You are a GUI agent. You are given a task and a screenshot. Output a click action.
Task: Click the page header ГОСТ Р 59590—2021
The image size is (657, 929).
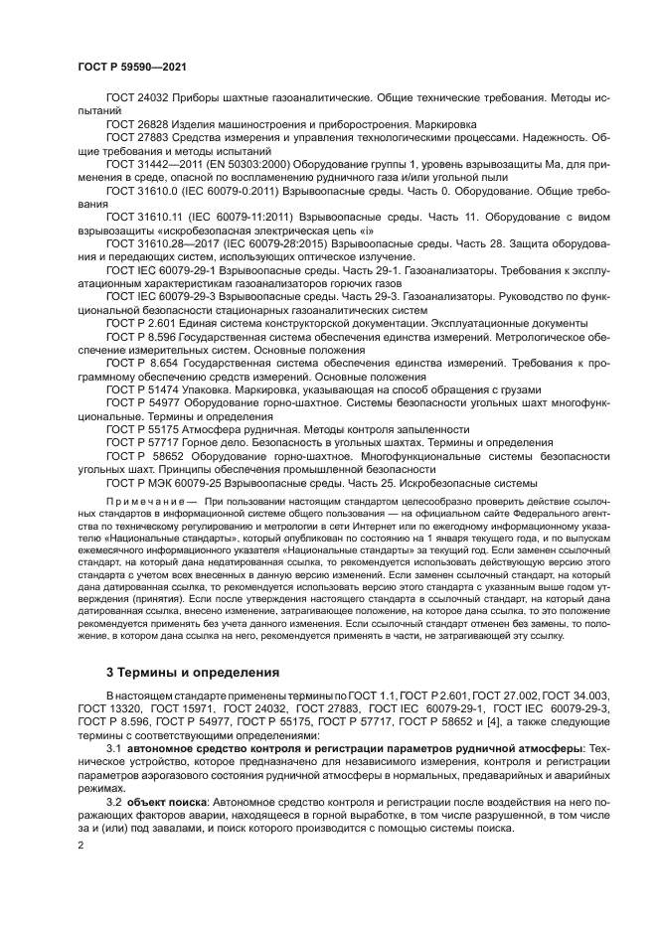(132, 67)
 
